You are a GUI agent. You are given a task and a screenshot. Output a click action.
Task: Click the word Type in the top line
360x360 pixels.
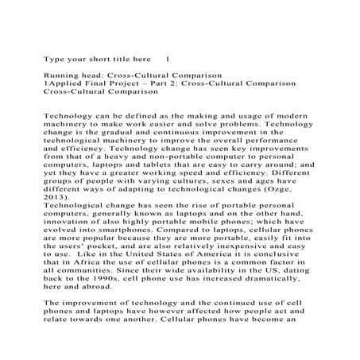[52, 60]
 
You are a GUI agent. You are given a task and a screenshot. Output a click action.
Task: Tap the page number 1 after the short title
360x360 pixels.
[167, 60]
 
